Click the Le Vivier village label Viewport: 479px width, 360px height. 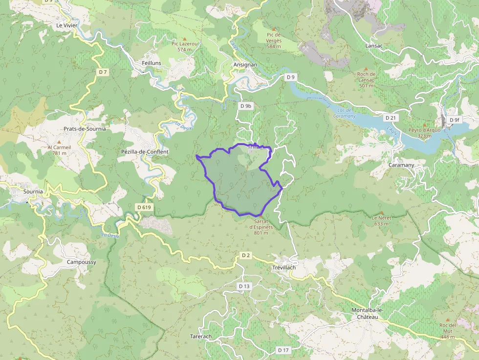click(67, 25)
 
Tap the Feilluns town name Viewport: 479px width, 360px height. click(151, 64)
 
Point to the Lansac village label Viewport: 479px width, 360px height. click(374, 45)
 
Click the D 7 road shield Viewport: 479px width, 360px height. click(102, 72)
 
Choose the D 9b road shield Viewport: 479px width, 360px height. click(245, 106)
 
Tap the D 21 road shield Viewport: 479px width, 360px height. click(390, 118)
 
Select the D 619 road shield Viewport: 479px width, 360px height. click(144, 207)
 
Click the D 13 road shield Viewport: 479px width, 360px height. click(243, 286)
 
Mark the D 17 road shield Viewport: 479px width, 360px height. click(283, 350)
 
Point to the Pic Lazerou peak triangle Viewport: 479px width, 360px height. click(184, 39)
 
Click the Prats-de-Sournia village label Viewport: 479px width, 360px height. click(85, 129)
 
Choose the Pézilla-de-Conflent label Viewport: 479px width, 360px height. click(145, 152)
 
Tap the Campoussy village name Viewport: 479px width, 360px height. click(82, 262)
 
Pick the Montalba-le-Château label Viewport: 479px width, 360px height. click(365, 314)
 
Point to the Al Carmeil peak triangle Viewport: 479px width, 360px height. click(60, 142)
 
